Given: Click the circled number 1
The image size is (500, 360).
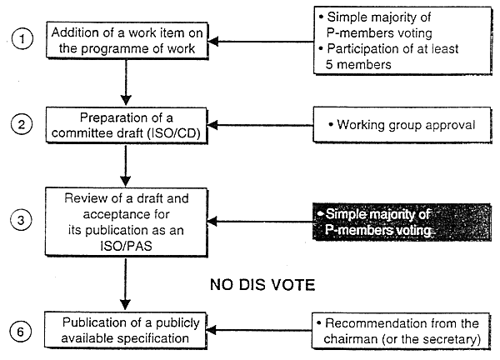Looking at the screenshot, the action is [x=22, y=39].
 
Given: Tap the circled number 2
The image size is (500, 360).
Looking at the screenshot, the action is [x=22, y=123].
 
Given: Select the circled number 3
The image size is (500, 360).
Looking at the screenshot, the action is [x=21, y=220].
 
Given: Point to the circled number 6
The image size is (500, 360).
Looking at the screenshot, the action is [x=20, y=332].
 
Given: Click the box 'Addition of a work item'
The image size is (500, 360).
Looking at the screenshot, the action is [x=127, y=40].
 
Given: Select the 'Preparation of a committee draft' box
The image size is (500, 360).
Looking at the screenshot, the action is [x=127, y=125].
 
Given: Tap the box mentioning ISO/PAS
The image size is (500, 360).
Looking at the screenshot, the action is [x=127, y=222].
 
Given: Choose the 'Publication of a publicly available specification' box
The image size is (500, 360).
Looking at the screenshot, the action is [x=125, y=330].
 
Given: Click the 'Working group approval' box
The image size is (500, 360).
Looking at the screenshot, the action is [x=402, y=125].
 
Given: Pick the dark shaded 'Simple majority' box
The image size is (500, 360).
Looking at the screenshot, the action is [x=402, y=222].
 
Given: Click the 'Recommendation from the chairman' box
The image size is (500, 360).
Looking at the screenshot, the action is [x=401, y=331].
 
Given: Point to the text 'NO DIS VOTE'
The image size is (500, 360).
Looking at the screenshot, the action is [x=262, y=285].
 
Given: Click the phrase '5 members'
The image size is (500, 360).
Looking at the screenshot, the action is [x=358, y=65].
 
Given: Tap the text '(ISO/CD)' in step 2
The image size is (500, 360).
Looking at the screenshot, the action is [x=173, y=133].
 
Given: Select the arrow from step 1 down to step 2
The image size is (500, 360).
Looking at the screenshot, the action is [x=126, y=82].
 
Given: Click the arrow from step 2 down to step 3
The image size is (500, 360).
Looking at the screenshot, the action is [x=126, y=165].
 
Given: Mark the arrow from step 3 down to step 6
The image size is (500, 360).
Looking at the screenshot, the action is [x=125, y=284].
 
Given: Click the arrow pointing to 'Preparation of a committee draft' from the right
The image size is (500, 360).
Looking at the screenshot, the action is [x=261, y=125].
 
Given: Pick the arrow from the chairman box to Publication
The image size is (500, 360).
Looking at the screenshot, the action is [x=259, y=330].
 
